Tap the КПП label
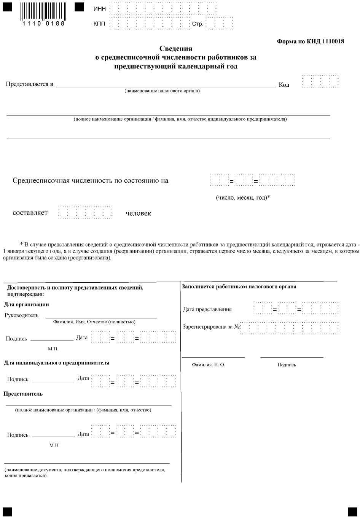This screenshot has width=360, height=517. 100,24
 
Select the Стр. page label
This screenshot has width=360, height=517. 198,24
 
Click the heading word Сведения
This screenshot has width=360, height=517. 175,49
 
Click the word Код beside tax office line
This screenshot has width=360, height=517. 284,84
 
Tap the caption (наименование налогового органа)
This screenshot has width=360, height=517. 162,91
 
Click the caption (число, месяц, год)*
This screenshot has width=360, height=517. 243,198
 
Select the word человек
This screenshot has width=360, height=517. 138,213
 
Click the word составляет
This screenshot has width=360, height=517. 30,213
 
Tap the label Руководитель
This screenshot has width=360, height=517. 21,315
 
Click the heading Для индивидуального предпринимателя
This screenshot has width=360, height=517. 57,363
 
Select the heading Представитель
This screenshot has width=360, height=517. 23,394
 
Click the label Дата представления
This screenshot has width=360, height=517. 207,309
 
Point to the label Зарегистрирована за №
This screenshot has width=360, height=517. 211,326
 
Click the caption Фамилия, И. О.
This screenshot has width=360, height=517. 209,364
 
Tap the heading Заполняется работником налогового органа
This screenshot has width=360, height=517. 239,286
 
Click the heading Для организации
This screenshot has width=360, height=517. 26,304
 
